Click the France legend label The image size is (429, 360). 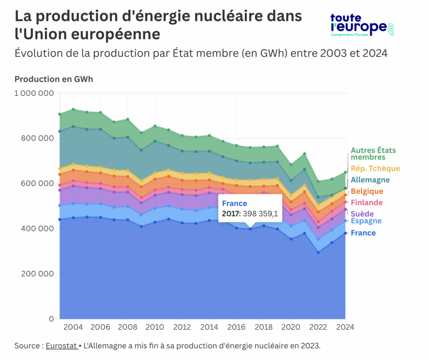[x=363, y=233]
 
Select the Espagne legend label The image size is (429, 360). [x=366, y=221]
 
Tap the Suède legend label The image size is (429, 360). [x=362, y=214]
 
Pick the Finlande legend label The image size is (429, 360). [x=367, y=203]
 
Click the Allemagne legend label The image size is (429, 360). [x=370, y=180]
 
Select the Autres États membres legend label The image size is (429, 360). [x=373, y=154]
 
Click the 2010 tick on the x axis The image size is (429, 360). [x=155, y=327]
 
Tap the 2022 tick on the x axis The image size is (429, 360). [x=318, y=327]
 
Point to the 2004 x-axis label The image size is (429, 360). [x=73, y=327]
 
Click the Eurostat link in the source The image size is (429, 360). [x=61, y=346]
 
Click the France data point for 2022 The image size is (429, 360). [x=318, y=252]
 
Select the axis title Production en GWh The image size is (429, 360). [x=54, y=79]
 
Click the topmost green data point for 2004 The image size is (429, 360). [x=73, y=109]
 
